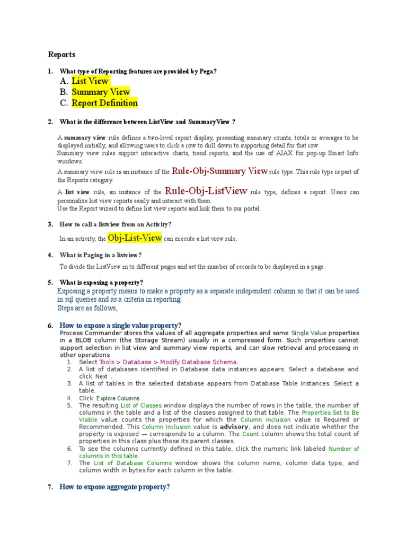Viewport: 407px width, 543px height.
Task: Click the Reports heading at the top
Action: tap(61, 55)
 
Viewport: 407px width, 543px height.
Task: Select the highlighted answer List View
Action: tap(90, 81)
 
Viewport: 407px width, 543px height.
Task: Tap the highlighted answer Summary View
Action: tap(101, 92)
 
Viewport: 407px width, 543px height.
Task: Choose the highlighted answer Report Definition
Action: tap(104, 103)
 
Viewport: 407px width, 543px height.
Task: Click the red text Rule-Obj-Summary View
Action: tap(220, 171)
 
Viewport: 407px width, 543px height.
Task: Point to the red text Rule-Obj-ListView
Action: tap(206, 191)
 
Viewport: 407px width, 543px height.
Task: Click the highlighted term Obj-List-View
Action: tap(135, 238)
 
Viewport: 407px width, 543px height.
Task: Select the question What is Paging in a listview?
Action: tap(101, 255)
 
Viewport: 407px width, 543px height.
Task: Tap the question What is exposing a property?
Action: tap(101, 283)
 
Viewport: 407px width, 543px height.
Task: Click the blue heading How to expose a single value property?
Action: tap(120, 325)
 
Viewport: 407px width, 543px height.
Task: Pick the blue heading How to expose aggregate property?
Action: tap(114, 487)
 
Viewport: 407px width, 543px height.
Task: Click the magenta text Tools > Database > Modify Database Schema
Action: tap(165, 362)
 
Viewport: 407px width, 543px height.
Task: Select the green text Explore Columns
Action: tap(119, 398)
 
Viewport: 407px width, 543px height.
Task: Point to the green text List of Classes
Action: tap(141, 405)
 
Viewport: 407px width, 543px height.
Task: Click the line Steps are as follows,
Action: tap(87, 308)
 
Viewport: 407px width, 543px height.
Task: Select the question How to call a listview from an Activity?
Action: tap(116, 225)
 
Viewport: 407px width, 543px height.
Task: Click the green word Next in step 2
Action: tap(101, 376)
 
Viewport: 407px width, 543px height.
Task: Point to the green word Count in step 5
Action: tap(251, 434)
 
